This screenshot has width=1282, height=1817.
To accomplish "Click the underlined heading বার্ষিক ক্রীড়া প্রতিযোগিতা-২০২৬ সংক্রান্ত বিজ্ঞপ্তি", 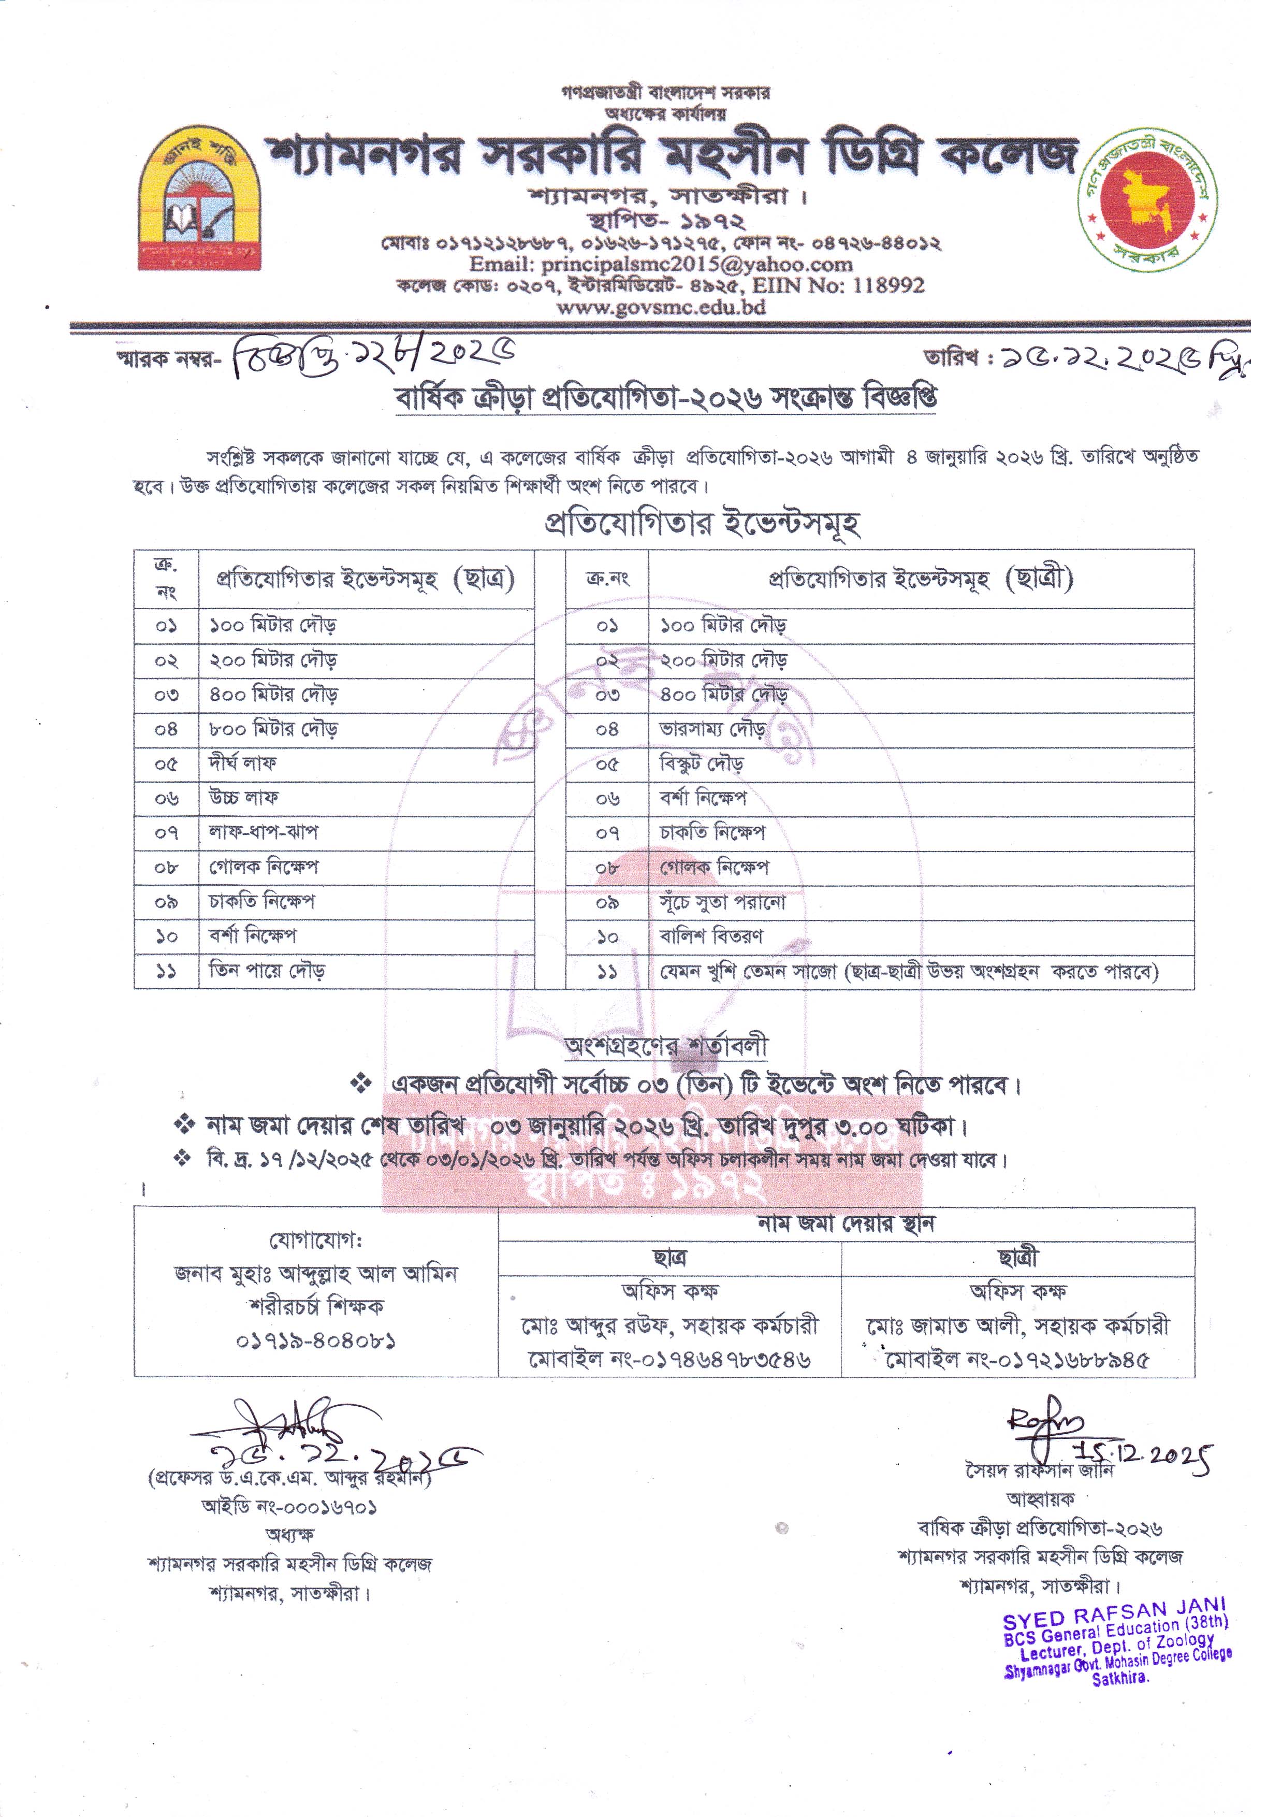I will pyautogui.click(x=666, y=399).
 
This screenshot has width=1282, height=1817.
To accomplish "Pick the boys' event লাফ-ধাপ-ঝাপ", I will pyautogui.click(x=264, y=832).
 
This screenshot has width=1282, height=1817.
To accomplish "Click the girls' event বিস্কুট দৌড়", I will pyautogui.click(x=702, y=763).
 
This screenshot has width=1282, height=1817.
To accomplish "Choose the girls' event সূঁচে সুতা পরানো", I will pyautogui.click(x=723, y=902).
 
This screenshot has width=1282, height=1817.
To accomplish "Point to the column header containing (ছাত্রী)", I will pyautogui.click(x=921, y=579).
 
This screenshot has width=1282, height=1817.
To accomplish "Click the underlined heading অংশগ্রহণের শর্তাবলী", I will pyautogui.click(x=666, y=1046).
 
